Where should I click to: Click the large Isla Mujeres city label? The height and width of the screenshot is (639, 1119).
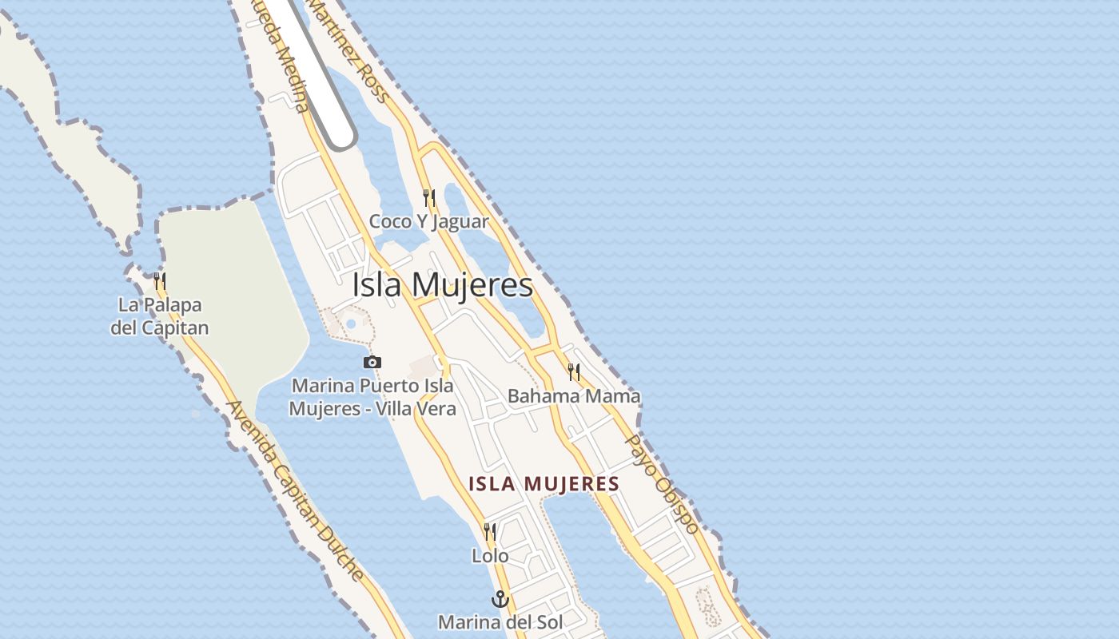(x=442, y=285)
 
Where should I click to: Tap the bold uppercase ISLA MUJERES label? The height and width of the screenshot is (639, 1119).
(x=544, y=484)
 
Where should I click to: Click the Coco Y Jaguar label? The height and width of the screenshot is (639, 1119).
(x=428, y=221)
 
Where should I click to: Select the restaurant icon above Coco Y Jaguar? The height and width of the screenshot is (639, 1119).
(x=429, y=197)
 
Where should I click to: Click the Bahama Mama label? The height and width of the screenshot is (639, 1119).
(x=574, y=395)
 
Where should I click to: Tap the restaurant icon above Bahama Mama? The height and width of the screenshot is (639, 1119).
(x=574, y=371)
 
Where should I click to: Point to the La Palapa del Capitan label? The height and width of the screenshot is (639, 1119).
(x=160, y=316)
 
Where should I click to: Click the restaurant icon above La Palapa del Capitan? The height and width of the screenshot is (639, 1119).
(x=160, y=280)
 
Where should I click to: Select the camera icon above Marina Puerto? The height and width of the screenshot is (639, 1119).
(x=372, y=363)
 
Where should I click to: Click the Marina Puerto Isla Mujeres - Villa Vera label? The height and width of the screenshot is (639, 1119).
(x=372, y=397)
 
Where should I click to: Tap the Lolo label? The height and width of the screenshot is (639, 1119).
(x=490, y=555)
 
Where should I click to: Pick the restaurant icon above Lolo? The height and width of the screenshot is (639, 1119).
(x=490, y=531)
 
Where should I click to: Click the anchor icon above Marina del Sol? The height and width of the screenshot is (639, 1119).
(x=500, y=599)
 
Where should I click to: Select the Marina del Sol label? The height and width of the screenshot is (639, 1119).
(x=500, y=621)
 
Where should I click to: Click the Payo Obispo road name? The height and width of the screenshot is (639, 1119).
(x=661, y=483)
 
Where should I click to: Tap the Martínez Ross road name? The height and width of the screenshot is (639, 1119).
(x=348, y=50)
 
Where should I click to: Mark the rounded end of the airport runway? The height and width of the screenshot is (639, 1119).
(x=340, y=137)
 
